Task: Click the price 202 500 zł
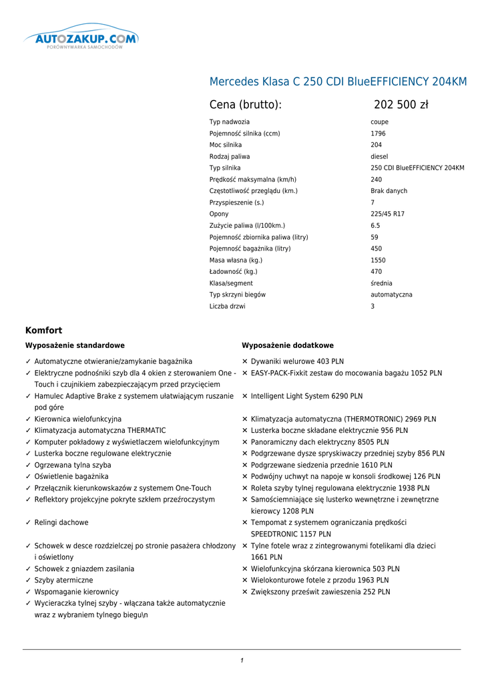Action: click(x=401, y=105)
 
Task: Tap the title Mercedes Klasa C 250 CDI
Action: click(x=338, y=82)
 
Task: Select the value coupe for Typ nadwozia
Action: click(x=379, y=122)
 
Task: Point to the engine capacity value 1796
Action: click(x=378, y=134)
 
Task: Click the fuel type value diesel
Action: click(x=379, y=156)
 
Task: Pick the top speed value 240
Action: click(x=377, y=180)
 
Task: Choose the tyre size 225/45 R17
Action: click(x=387, y=214)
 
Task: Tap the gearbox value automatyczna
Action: click(x=391, y=295)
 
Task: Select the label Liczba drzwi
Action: click(x=227, y=307)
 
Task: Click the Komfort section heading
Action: click(x=43, y=331)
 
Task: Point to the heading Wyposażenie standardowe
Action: click(x=75, y=346)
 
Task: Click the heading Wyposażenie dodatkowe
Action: click(x=287, y=346)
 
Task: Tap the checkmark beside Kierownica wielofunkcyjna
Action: click(x=27, y=419)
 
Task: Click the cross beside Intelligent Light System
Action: click(x=245, y=396)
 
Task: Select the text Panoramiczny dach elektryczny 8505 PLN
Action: click(x=320, y=442)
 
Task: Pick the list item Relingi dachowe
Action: click(x=61, y=523)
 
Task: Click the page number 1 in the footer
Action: click(x=242, y=661)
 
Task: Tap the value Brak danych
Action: click(x=389, y=191)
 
